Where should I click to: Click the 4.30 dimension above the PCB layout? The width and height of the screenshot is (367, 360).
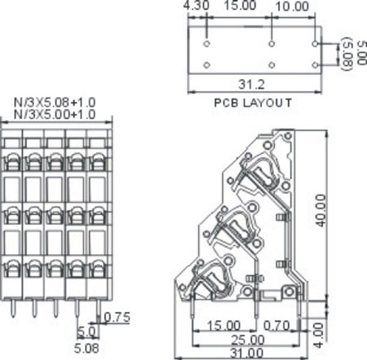[x=196, y=7]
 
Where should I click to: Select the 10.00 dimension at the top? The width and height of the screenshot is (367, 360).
[x=293, y=7]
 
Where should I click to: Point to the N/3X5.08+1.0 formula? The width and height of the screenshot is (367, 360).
[x=55, y=102]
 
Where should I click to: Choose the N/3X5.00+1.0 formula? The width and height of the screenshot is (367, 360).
[x=55, y=113]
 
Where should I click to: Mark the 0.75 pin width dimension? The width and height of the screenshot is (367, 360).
[x=119, y=317]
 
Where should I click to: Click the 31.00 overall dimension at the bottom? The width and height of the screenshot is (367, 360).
[x=245, y=352]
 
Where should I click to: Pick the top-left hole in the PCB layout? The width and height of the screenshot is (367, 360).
[x=207, y=42]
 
